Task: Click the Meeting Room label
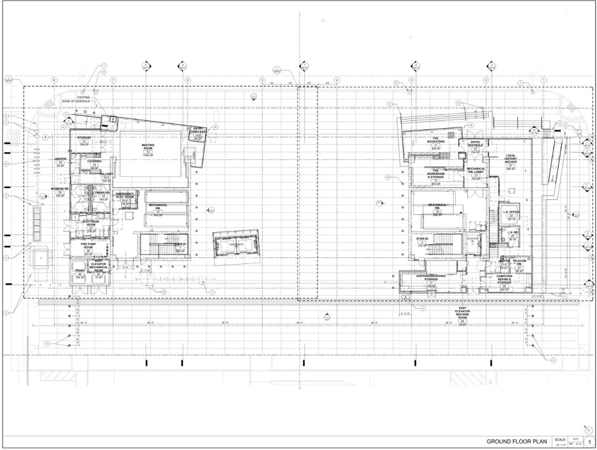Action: pyautogui.click(x=148, y=147)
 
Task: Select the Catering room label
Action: pyautogui.click(x=95, y=162)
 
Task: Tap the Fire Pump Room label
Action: pyautogui.click(x=88, y=246)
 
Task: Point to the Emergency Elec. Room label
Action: pyautogui.click(x=125, y=195)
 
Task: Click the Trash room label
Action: pyautogui.click(x=79, y=270)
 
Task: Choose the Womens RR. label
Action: pyautogui.click(x=60, y=189)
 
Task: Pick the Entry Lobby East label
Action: pyautogui.click(x=198, y=132)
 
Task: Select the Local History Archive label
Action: pyautogui.click(x=510, y=159)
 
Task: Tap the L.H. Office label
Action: pyautogui.click(x=511, y=212)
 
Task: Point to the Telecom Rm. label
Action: pyautogui.click(x=519, y=263)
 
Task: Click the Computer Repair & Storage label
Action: pyautogui.click(x=504, y=279)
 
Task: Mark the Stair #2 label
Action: pyautogui.click(x=422, y=239)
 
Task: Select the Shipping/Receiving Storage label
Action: pyautogui.click(x=431, y=277)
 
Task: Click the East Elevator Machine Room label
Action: pyautogui.click(x=462, y=314)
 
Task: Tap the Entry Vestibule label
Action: pyautogui.click(x=475, y=144)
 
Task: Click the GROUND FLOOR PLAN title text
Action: pyautogui.click(x=517, y=441)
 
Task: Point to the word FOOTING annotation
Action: pyautogui.click(x=83, y=97)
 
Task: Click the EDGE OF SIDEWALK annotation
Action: pyautogui.click(x=76, y=102)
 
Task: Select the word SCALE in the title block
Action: pyautogui.click(x=560, y=439)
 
